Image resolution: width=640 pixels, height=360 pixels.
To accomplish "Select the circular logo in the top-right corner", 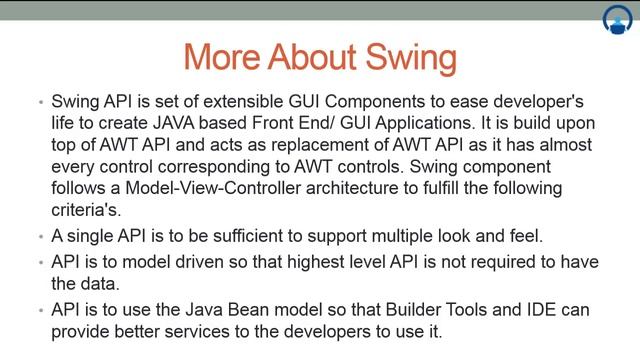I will point(617,20).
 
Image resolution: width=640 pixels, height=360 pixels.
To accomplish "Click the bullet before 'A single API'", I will point(38,238).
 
